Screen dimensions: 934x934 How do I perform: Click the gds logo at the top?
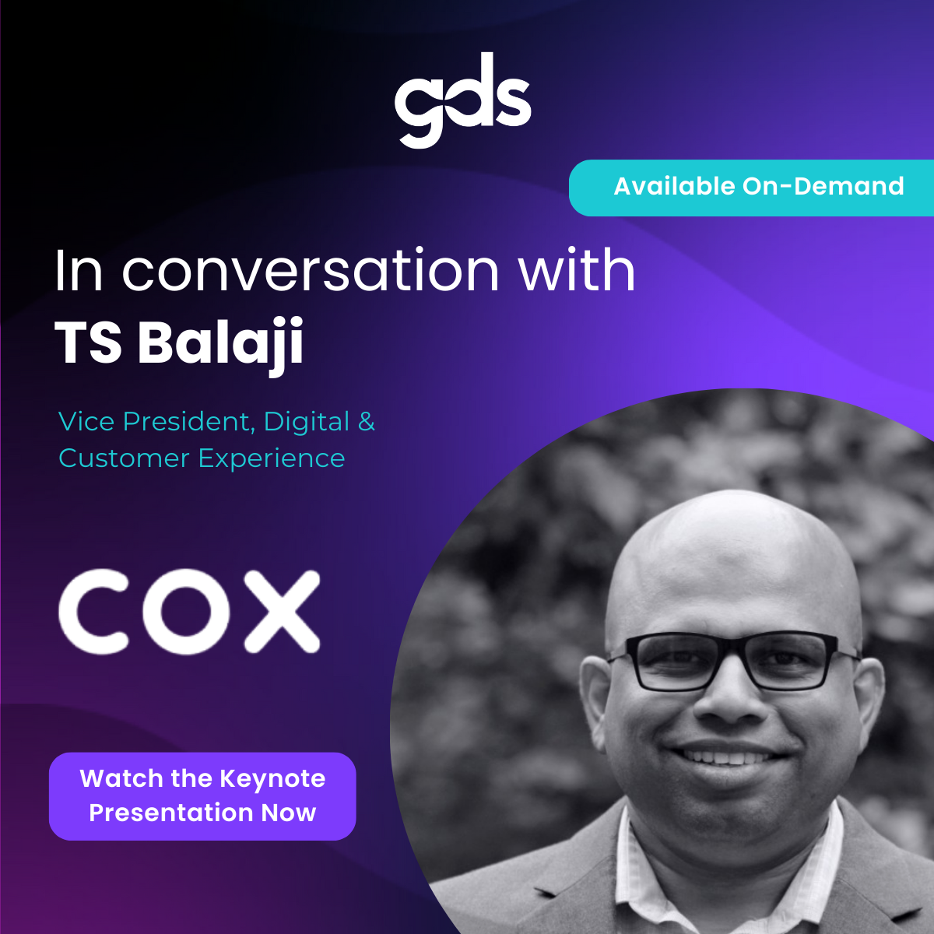click(462, 100)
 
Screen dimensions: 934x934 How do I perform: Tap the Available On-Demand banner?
click(751, 188)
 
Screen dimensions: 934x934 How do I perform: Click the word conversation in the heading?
click(311, 271)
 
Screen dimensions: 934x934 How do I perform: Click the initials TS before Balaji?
click(88, 343)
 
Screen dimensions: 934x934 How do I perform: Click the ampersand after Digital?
click(366, 422)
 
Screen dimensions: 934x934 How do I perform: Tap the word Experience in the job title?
click(272, 458)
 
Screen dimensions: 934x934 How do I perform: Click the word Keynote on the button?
click(272, 778)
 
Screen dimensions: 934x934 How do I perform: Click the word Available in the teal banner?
click(674, 187)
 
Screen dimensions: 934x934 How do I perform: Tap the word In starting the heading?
click(79, 271)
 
